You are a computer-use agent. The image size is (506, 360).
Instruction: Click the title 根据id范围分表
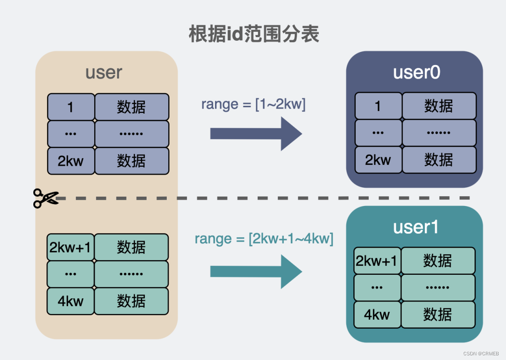coord(253,35)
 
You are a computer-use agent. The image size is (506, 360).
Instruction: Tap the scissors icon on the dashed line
coord(45,198)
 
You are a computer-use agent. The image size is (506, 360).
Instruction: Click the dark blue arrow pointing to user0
coord(256,133)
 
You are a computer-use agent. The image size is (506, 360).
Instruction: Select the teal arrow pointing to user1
coord(256,272)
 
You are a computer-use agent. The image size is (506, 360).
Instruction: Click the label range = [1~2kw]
coord(253,104)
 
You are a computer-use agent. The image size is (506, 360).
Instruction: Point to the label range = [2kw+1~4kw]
coord(264,239)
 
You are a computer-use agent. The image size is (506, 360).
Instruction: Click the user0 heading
coord(416,73)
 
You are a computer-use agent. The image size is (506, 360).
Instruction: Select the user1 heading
coord(416,227)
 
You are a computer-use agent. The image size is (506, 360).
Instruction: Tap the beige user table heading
coord(104,73)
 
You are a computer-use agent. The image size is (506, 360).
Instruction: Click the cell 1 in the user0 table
coord(378,106)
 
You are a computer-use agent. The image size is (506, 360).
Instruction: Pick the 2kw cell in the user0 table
coord(378,160)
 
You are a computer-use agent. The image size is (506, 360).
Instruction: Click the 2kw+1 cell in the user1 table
coord(377,261)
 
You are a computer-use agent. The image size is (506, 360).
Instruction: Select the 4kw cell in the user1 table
coord(377,315)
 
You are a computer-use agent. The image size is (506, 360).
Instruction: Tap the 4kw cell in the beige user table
coord(70,301)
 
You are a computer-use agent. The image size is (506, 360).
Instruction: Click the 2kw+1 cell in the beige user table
coord(70,247)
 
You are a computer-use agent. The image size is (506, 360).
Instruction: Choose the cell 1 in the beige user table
coord(70,107)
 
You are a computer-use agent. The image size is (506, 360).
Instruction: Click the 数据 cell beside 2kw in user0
coord(439,160)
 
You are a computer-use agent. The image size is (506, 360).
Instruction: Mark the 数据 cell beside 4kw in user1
coord(437,315)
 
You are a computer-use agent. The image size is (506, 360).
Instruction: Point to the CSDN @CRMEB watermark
coord(483,354)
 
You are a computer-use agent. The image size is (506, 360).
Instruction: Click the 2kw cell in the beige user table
coord(70,161)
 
